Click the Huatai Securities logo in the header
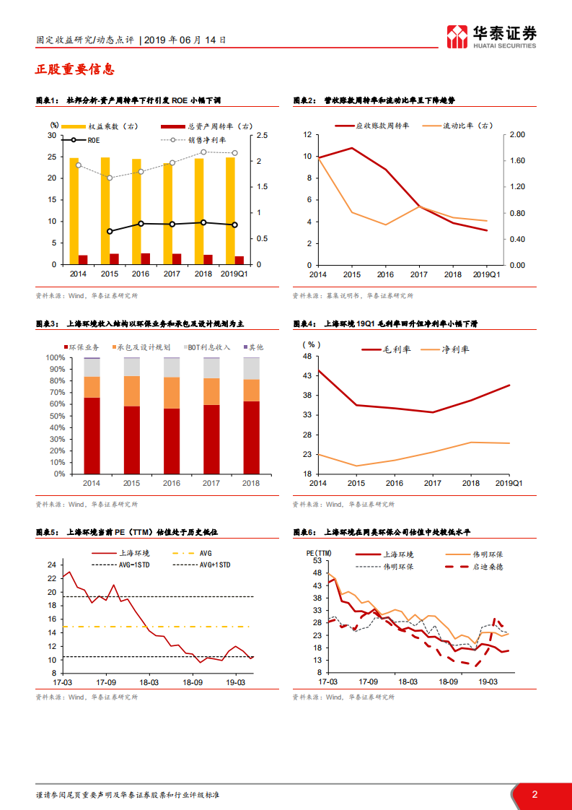491,35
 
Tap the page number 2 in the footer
534,794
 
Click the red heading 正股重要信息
74,70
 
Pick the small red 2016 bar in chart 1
146,258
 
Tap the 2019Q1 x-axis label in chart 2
486,275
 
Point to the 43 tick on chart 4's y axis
307,376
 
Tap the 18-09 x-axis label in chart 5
192,681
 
